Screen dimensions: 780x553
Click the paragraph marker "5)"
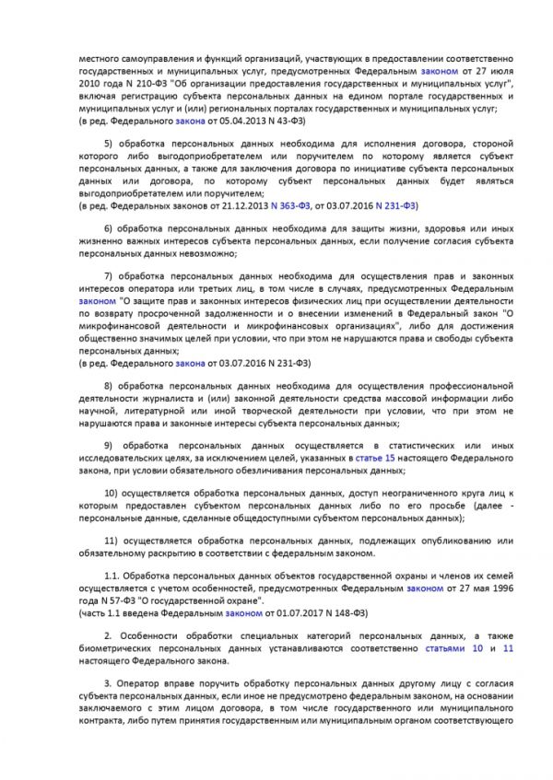pos(107,143)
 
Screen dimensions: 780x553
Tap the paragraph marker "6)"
pos(107,228)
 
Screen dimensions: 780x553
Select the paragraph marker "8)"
pos(107,383)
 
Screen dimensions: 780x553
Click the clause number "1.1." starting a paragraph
pos(112,575)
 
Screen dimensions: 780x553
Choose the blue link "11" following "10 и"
pos(508,648)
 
